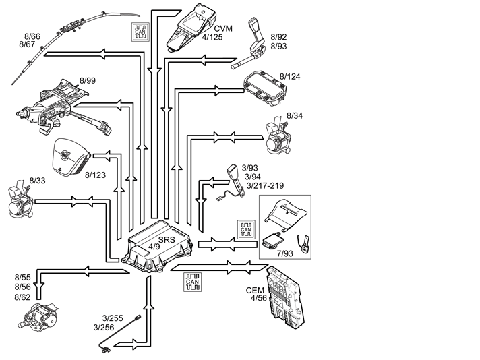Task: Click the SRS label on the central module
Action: coord(167,240)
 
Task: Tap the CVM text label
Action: coord(223,28)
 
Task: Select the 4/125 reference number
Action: coord(212,37)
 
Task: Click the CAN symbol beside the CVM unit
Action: coord(140,32)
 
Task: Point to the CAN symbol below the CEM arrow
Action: coord(193,282)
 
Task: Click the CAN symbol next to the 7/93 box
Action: coord(246,229)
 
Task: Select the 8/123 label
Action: coord(95,175)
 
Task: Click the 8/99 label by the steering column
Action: coord(88,80)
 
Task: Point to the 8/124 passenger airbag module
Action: coord(265,88)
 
